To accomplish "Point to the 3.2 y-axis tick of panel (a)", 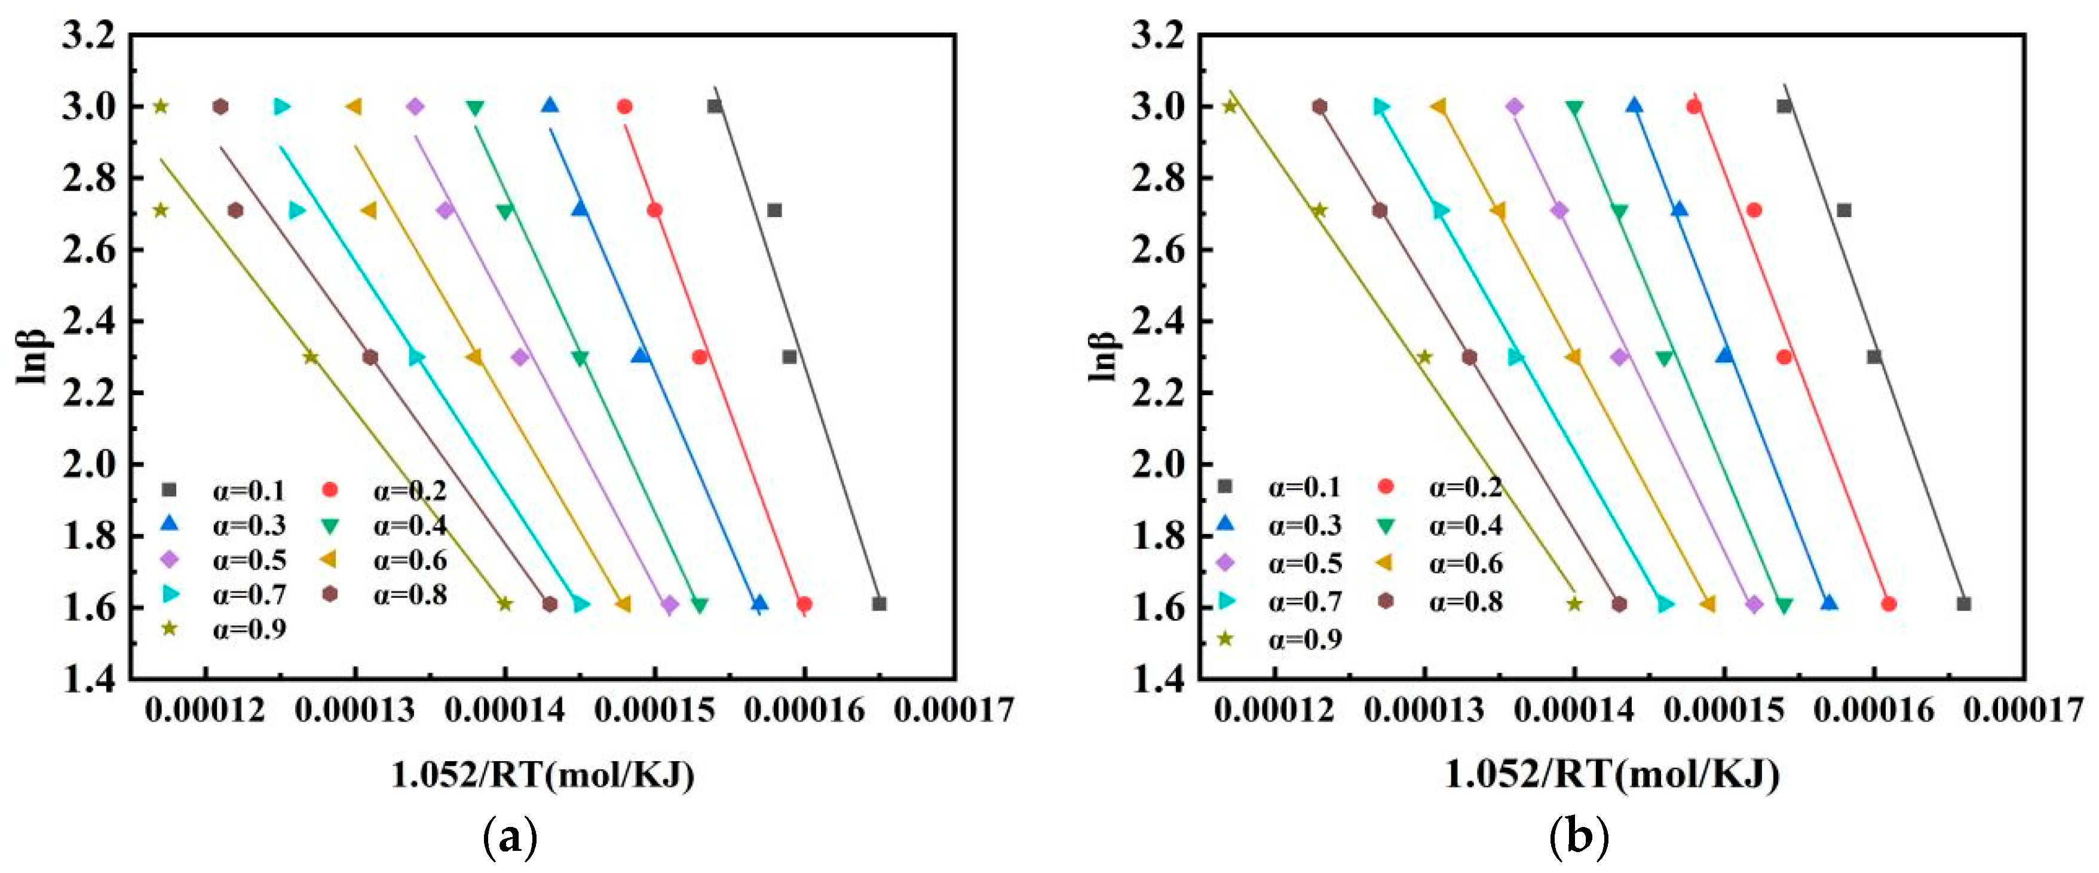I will pos(88,36).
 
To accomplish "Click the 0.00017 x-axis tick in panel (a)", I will pos(954,710).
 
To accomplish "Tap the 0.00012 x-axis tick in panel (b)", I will pos(1274,710).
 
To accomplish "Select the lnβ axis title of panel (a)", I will pos(33,356).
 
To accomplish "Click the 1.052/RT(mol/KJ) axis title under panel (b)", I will pos(1611,774).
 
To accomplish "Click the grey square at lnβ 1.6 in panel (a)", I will pos(878,604).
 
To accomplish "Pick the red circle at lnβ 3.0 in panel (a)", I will pos(625,107).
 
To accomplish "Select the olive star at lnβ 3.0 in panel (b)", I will pos(1230,107).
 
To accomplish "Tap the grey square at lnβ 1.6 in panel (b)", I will pos(1964,604).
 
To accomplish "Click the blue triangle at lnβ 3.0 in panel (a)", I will pos(550,106).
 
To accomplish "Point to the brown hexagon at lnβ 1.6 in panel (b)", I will pos(1619,604).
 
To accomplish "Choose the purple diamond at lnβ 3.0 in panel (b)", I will pos(1515,107).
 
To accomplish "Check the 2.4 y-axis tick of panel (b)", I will pos(1158,321).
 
